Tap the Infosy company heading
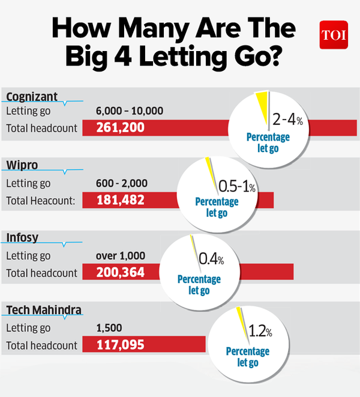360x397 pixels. pos(22,238)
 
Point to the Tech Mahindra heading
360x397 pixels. pos(44,310)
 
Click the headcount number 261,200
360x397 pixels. pos(120,128)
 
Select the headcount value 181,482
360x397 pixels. pos(121,200)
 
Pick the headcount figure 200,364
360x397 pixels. pos(121,273)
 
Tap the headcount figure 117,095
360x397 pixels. pos(120,345)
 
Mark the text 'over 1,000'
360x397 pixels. pos(121,256)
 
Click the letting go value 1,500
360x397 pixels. pos(109,328)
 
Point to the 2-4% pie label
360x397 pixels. pos(287,120)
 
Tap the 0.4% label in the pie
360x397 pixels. pos(211,259)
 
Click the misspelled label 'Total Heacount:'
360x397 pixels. pos(40,201)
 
